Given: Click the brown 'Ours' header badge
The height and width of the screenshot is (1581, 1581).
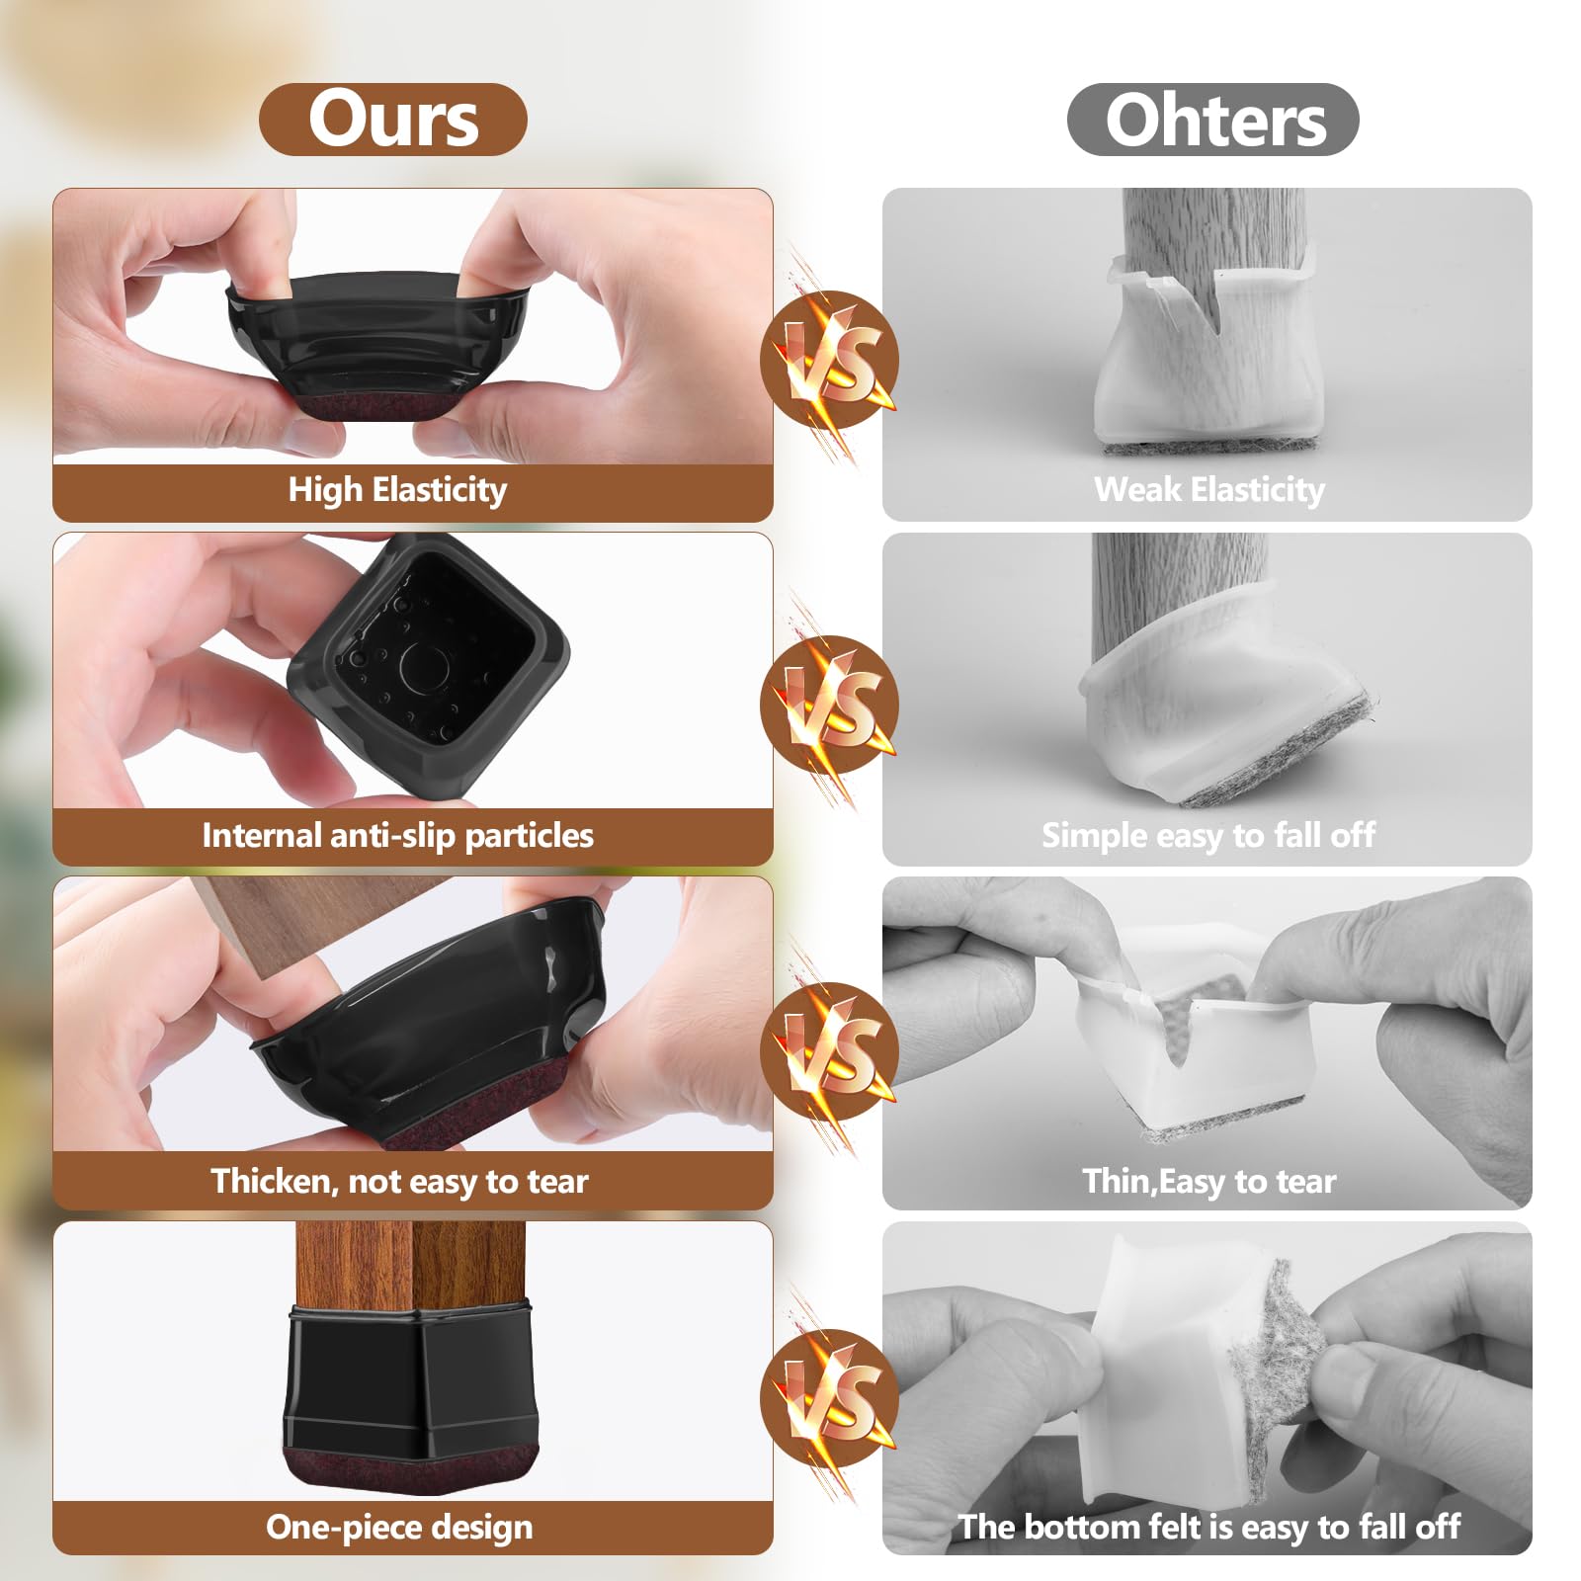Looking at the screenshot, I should pos(393,120).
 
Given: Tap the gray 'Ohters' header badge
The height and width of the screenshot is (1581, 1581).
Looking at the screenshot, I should pos(1213,120).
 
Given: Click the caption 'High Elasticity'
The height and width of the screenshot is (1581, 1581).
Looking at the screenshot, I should pos(397,490).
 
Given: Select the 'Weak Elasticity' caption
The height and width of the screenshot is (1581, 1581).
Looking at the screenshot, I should pos(1209,490).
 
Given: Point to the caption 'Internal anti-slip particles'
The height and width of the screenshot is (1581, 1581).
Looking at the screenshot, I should pos(397,836).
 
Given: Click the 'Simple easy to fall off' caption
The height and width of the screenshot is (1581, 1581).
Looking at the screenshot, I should pos(1207,836).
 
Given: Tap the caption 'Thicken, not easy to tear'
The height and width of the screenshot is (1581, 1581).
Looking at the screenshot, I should pos(399,1182).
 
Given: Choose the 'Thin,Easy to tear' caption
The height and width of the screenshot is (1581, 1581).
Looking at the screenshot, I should pos(1208,1182).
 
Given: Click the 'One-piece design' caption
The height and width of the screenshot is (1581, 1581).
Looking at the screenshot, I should pos(399,1528).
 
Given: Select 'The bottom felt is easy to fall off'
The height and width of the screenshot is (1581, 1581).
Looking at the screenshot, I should pos(1208,1528).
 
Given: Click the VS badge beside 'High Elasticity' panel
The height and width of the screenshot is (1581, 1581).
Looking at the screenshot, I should pos(830,360).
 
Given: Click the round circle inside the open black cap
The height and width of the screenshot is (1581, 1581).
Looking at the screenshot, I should pos(424,668).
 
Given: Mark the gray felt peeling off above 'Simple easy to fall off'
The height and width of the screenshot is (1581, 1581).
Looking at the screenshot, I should pos(1285,756).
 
